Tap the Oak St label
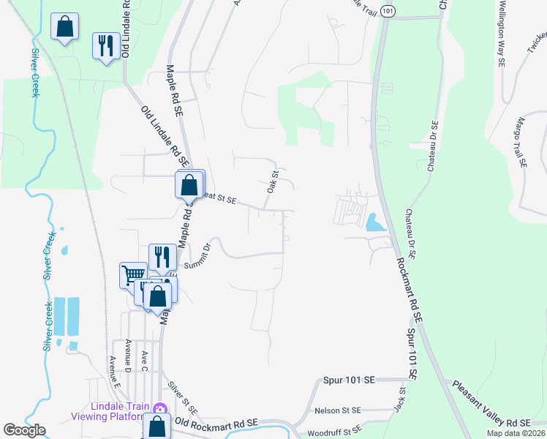(x=273, y=182)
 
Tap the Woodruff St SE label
(x=336, y=429)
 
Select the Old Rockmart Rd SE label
(x=216, y=423)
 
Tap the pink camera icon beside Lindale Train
(x=160, y=408)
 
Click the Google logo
(x=24, y=430)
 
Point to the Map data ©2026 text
(x=516, y=433)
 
